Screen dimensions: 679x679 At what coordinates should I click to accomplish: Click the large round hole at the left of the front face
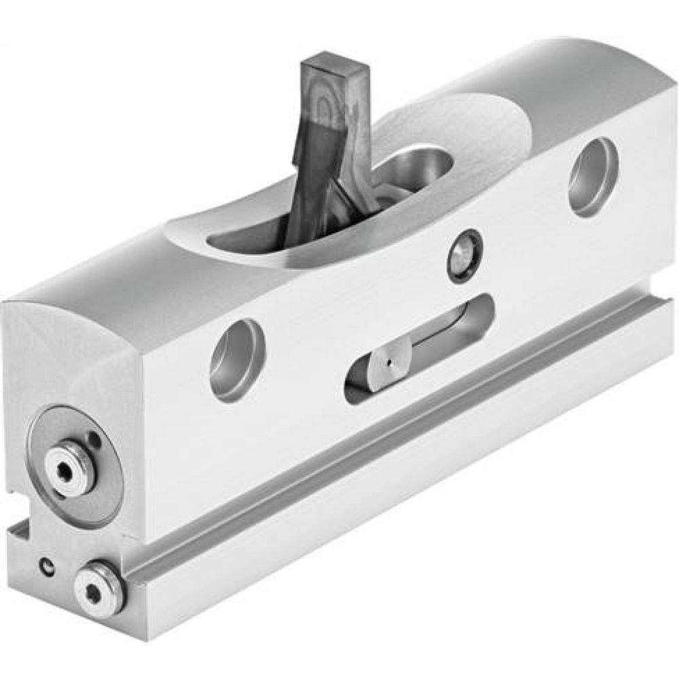pos(237,360)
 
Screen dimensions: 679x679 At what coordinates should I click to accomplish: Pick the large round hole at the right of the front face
pos(593,177)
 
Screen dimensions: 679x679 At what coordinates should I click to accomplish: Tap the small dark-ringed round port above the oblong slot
pos(464,255)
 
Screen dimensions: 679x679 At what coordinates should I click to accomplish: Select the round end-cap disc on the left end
pos(74,464)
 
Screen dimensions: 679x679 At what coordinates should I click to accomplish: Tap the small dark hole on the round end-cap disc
pos(95,441)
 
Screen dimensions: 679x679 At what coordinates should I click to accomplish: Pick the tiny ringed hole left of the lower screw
pos(48,565)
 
